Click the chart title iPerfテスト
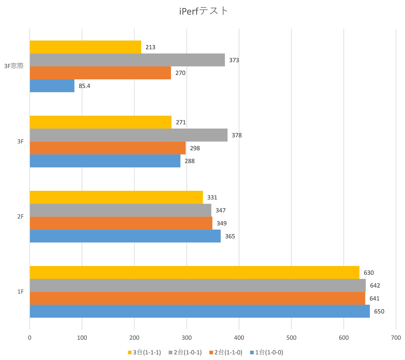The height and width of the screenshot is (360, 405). point(203,11)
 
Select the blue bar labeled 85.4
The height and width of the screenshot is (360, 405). point(52,86)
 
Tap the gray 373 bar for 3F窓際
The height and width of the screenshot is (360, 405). point(127,60)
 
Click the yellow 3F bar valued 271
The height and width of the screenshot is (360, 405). point(100,122)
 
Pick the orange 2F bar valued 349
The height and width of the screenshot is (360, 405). point(121,223)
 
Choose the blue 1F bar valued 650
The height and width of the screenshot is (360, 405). point(200,311)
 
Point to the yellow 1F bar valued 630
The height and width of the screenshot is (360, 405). point(194,272)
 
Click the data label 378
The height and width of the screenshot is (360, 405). point(237,135)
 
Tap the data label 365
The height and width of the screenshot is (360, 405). point(230,236)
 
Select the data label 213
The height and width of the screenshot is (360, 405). point(150,47)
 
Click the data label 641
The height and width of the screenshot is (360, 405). point(374,298)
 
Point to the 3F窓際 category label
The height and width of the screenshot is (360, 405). point(14,66)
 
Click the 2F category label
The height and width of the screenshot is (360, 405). point(20,217)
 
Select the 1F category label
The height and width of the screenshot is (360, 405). point(20,292)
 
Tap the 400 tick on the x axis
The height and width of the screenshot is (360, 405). point(239,338)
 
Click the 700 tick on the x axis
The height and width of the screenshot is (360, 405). point(396,338)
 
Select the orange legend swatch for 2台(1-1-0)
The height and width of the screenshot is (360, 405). point(211,352)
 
